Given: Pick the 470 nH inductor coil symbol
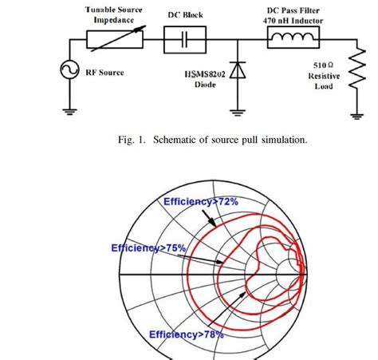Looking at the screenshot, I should tap(293, 38).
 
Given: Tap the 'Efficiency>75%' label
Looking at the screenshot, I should tap(148, 248).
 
